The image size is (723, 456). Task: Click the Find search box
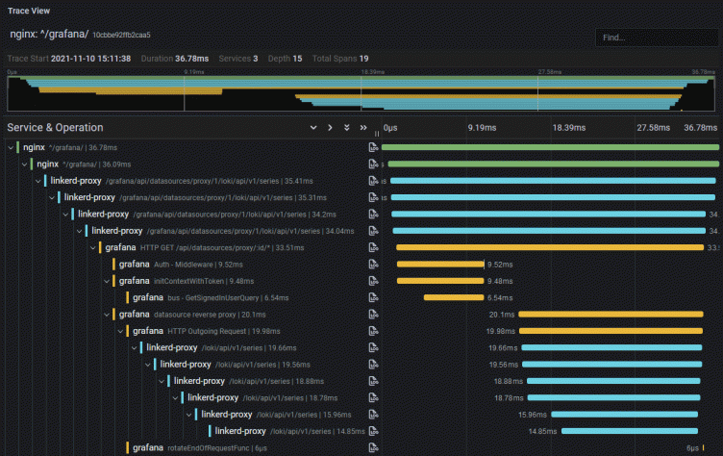tap(654, 38)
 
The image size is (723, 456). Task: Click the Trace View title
tap(30, 11)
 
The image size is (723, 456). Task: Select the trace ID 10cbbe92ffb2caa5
tap(121, 35)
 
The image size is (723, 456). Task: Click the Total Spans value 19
tap(363, 59)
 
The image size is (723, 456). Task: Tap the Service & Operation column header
tap(55, 127)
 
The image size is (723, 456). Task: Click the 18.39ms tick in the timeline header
tap(567, 127)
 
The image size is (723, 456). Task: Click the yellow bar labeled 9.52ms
tap(439, 264)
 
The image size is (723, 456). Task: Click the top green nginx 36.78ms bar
tap(550, 147)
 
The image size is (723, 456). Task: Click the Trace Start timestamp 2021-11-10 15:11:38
tap(92, 59)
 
